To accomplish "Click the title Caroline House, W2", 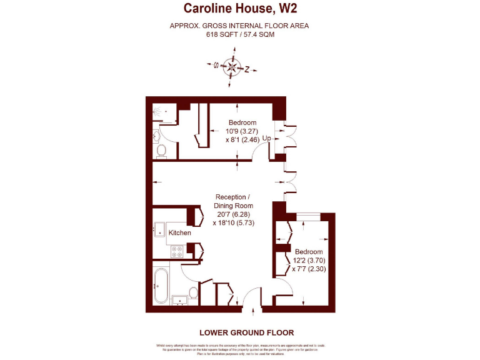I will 240,9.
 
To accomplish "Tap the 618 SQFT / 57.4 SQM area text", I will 240,34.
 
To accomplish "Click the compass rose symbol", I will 232,67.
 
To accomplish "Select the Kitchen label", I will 180,232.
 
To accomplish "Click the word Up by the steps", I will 266,138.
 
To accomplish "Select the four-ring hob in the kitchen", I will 176,251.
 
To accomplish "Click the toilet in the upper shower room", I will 161,150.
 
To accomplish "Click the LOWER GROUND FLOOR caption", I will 246,332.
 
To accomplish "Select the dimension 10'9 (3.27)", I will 242,131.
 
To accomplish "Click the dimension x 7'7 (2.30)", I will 309,269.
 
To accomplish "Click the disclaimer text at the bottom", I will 240,349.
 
